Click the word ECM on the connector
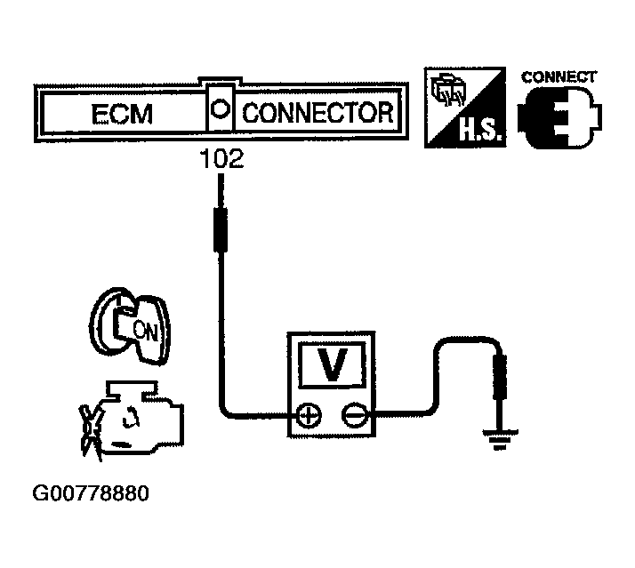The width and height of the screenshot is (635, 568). pos(123,114)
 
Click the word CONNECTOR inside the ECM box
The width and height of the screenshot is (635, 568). pos(317,113)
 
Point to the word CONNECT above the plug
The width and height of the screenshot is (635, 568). pos(559,76)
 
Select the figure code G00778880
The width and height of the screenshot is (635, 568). pos(90,493)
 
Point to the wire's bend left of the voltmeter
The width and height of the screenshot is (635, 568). pos(226,410)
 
